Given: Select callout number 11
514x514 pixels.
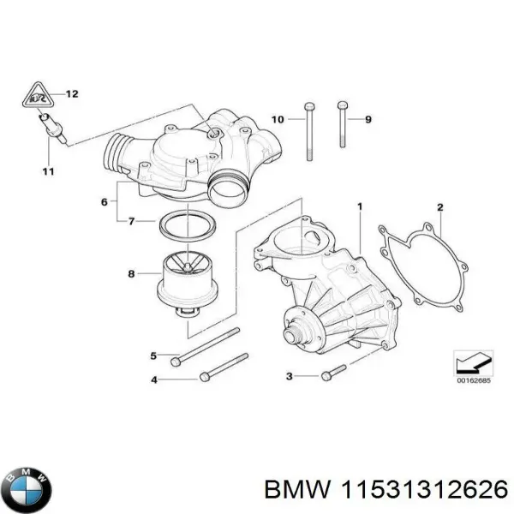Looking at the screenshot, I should coord(48,171).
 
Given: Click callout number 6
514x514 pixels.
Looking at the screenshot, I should coord(104,202).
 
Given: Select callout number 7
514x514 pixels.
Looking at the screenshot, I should coord(130,221).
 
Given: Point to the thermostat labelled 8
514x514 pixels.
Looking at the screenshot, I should coord(184,284).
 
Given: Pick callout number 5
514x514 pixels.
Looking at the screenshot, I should coord(153,356).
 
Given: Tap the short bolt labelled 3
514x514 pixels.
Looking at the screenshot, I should coord(330,374).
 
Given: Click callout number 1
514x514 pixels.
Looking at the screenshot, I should coord(360,206).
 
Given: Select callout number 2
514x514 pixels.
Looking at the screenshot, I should coord(439,206).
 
